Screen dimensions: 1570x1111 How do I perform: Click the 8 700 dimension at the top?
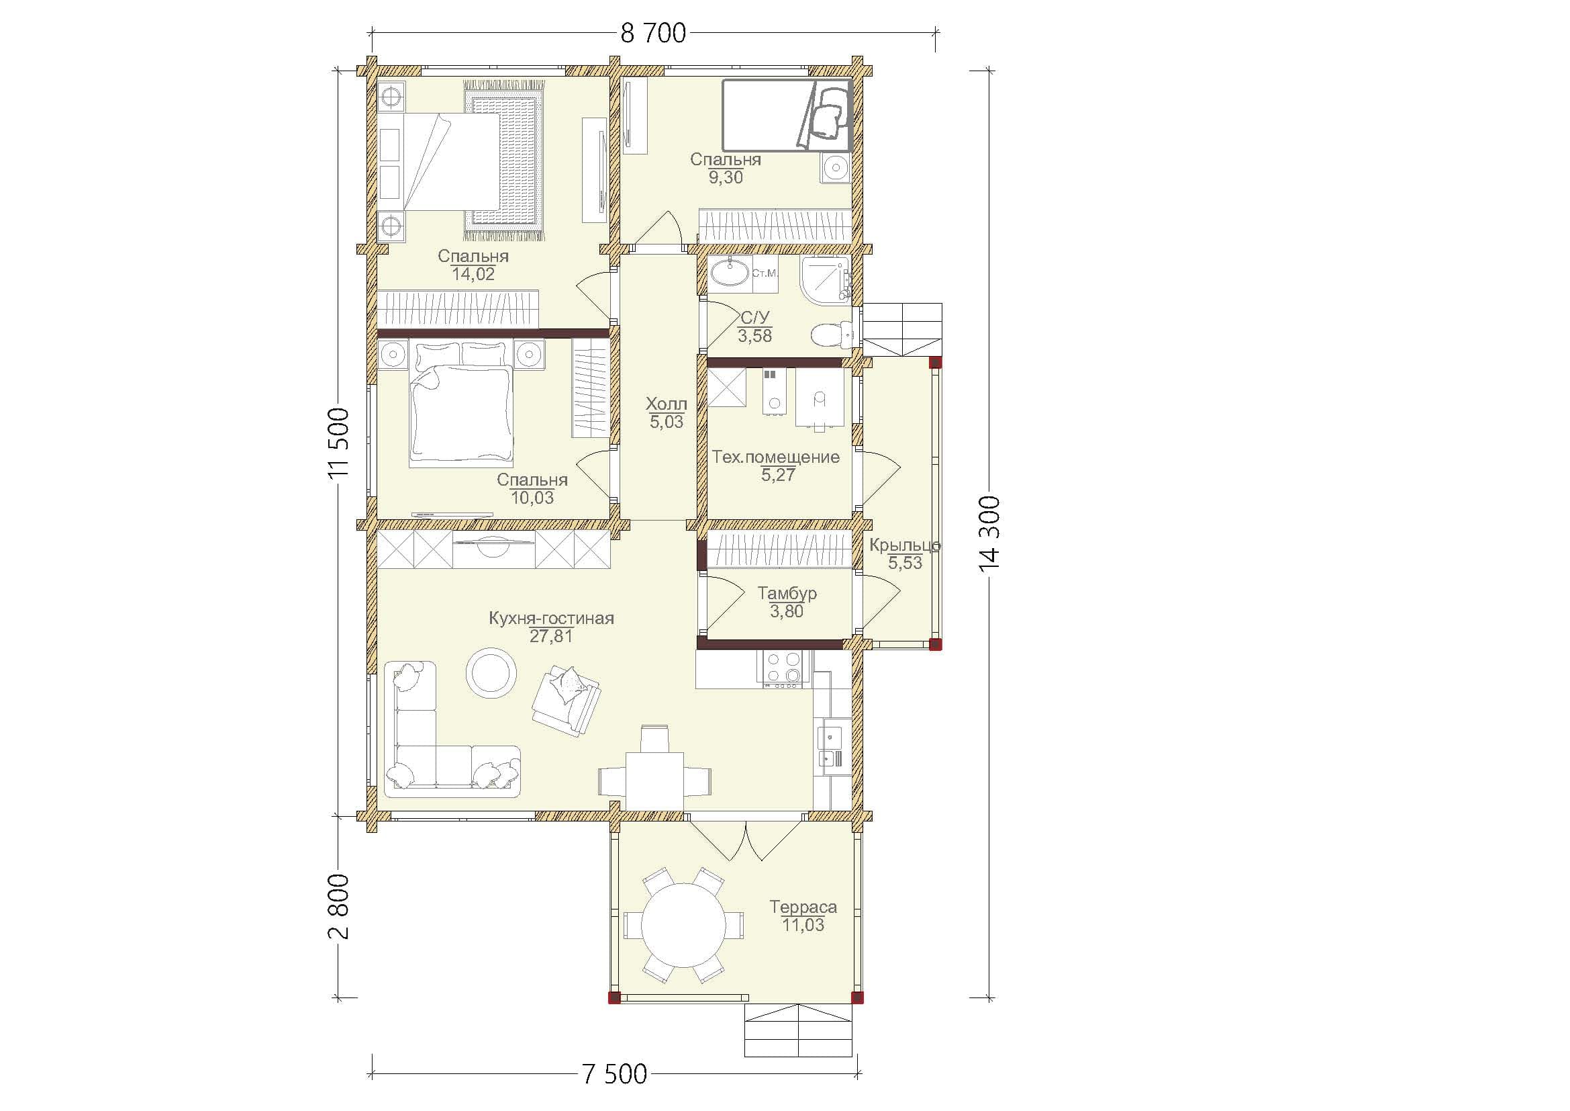click(x=653, y=33)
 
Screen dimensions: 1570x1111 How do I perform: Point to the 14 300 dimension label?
click(x=989, y=533)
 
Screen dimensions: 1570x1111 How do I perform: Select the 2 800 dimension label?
click(x=338, y=906)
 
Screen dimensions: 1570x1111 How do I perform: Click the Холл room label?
click(x=666, y=404)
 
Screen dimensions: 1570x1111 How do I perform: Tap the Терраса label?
click(x=803, y=906)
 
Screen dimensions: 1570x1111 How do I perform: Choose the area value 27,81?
click(x=551, y=636)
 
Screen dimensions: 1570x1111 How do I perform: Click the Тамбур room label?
click(x=787, y=593)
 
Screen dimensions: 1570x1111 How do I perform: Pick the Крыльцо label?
click(x=905, y=545)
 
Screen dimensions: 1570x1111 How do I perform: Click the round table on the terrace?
click(x=684, y=925)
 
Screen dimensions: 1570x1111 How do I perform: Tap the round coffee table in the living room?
click(x=491, y=672)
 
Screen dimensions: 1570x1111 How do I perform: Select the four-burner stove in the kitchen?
click(x=783, y=668)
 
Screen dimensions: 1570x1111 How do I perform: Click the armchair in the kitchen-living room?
click(x=567, y=701)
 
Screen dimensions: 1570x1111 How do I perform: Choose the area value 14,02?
click(x=473, y=274)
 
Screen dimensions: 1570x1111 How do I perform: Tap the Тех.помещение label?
click(x=775, y=457)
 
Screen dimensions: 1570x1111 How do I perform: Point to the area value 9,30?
click(x=726, y=177)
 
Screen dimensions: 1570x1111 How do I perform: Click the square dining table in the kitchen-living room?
click(x=655, y=779)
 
